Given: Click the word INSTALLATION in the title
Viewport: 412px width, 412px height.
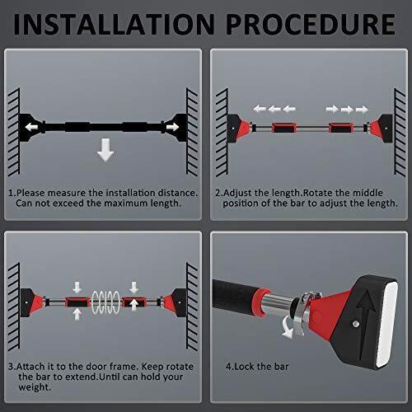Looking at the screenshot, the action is [114, 24].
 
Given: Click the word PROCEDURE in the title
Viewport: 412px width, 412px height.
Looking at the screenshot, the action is [311, 24].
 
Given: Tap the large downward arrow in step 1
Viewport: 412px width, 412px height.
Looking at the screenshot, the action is [105, 150].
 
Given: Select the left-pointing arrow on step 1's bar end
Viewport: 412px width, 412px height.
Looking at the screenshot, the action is [31, 127].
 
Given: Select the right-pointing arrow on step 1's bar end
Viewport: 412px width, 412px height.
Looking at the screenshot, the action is [173, 127].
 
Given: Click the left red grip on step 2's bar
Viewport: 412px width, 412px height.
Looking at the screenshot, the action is [284, 128].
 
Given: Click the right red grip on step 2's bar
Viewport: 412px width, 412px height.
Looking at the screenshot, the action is [341, 128].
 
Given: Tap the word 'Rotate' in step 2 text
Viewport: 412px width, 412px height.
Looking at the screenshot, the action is [317, 193].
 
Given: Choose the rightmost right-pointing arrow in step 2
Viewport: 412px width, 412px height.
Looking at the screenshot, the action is [362, 110].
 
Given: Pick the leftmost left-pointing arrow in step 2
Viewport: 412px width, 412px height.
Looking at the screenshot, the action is [260, 109].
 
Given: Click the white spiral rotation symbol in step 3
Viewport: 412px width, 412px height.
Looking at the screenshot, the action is [105, 302].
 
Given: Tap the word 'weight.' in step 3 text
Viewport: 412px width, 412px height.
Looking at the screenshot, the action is [35, 387].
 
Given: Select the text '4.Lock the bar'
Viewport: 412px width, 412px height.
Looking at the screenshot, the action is [257, 367].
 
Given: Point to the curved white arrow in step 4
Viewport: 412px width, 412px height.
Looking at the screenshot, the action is [288, 327].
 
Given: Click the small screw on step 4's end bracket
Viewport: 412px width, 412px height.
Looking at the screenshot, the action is [356, 324].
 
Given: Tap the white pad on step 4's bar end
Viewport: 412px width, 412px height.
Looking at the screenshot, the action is [388, 324].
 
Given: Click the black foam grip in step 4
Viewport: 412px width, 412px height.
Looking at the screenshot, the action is [236, 297].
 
